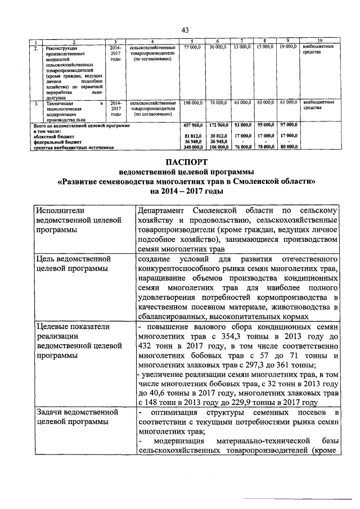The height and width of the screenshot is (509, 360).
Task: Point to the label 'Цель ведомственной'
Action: point(73,259)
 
